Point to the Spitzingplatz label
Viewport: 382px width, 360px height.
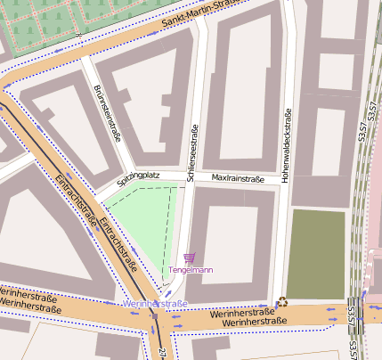click(x=137, y=176)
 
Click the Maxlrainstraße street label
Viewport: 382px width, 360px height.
click(x=238, y=179)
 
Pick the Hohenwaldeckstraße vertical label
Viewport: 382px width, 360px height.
click(x=286, y=146)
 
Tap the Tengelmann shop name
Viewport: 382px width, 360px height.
click(x=190, y=270)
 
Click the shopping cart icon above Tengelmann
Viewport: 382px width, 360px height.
click(x=189, y=258)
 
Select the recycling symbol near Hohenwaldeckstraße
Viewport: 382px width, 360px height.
click(x=283, y=301)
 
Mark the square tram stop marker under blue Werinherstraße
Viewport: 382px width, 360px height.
click(x=155, y=315)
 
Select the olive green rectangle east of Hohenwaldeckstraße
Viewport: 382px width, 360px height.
click(x=314, y=254)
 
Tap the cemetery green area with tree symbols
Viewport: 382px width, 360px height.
click(x=53, y=22)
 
